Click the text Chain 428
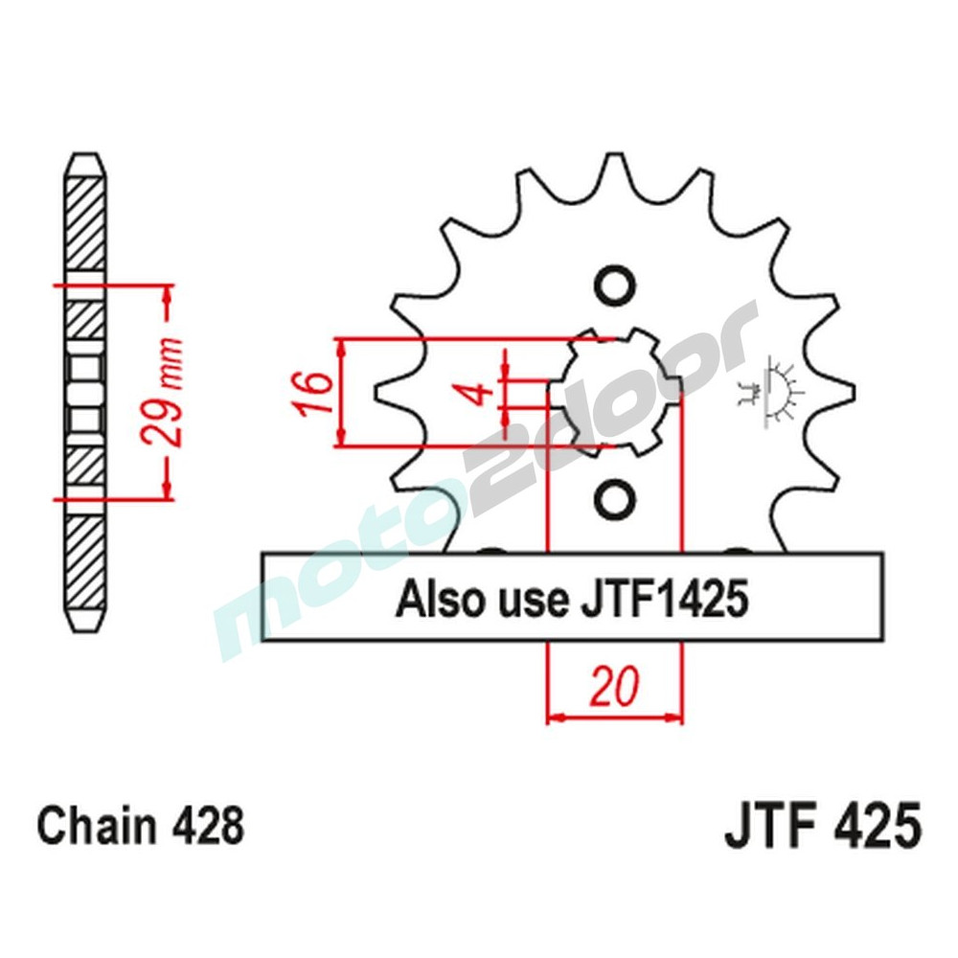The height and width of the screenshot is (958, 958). point(141,827)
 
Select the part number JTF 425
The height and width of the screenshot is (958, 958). point(823,827)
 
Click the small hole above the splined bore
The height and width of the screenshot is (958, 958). point(613,285)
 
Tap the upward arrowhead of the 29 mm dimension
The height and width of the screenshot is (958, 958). point(170,293)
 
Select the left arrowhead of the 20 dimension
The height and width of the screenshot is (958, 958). point(555,718)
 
